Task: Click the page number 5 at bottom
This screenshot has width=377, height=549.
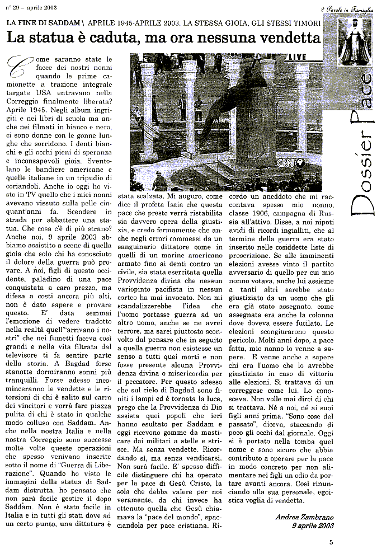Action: (331, 541)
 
